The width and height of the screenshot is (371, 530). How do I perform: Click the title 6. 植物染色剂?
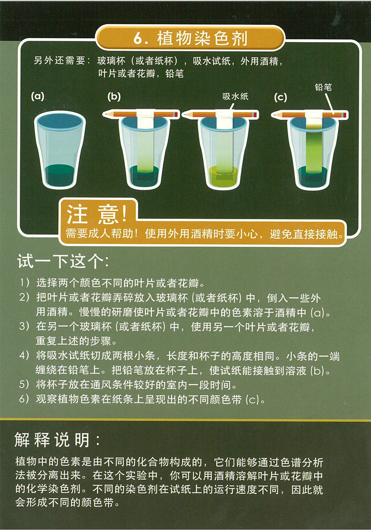tap(190, 38)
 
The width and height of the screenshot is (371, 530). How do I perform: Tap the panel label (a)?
tap(38, 96)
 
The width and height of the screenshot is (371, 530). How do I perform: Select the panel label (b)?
tap(114, 96)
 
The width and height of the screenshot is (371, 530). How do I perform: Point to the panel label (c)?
tap(280, 97)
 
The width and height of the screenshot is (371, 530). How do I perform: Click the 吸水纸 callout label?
tap(235, 96)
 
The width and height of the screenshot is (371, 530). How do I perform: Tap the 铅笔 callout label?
tap(323, 87)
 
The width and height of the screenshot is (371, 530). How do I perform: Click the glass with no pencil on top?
tap(60, 150)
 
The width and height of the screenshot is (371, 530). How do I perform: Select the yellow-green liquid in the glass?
tap(224, 177)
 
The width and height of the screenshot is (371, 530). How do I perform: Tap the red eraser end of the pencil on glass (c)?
tap(345, 115)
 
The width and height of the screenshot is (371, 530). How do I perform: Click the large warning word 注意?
tap(97, 214)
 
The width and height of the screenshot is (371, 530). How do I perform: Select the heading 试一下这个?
tap(63, 261)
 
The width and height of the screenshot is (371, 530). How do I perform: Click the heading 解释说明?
tap(57, 440)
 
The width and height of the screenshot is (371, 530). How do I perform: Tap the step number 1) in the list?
tap(24, 282)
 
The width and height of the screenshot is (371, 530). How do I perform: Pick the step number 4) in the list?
tap(24, 356)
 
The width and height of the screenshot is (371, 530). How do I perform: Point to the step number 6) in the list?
tap(24, 399)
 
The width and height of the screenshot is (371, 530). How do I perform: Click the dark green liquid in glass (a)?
tap(60, 175)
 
